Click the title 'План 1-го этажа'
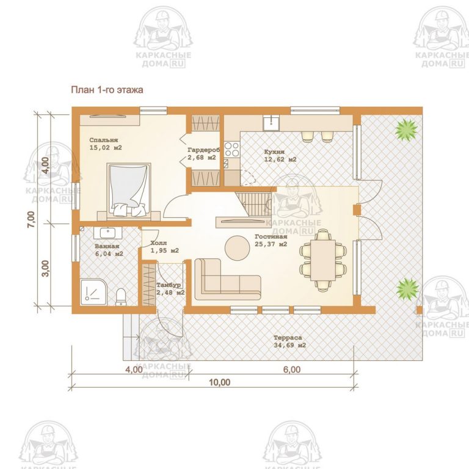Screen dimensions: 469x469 point(107,90)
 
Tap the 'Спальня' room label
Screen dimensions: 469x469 point(103,140)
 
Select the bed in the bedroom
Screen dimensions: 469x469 point(129,189)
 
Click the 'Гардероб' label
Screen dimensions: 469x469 point(204,150)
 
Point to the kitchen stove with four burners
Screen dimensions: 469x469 point(232,149)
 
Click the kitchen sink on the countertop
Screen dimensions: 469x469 point(271,123)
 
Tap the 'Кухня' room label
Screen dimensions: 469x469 point(274,152)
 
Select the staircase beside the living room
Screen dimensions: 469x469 point(253,203)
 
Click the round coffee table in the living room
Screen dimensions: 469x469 point(237,248)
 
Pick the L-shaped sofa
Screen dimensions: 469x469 point(227,280)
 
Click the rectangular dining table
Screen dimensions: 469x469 point(322,260)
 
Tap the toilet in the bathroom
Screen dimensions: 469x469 point(121,297)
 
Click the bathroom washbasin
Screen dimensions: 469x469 point(107,233)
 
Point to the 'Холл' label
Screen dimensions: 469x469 point(159,243)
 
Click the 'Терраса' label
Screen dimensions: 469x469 point(288,338)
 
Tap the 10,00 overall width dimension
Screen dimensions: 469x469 point(220,382)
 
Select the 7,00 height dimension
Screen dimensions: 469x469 point(31,219)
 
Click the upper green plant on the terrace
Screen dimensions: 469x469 point(406,129)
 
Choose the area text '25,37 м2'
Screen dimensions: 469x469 point(271,244)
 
